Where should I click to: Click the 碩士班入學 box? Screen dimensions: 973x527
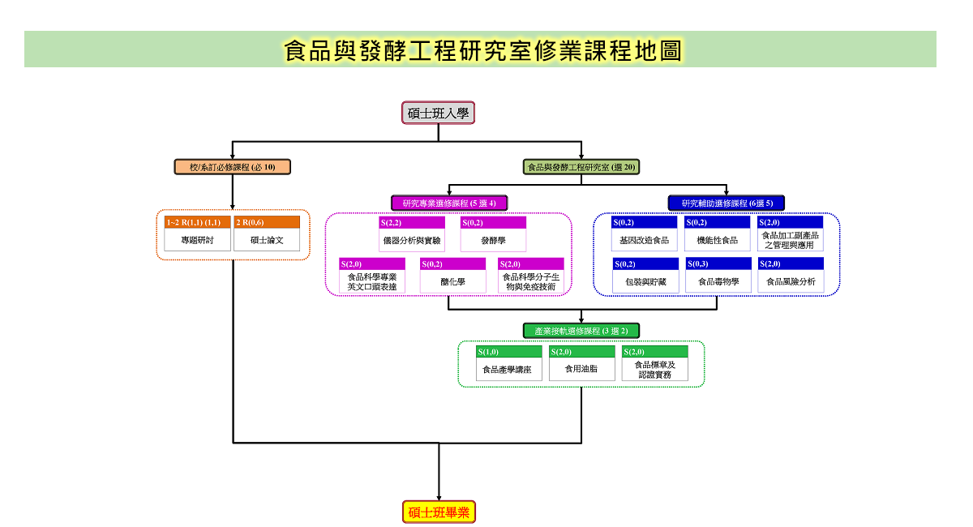[x=438, y=113]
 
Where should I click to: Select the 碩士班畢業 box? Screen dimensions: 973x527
[x=439, y=512]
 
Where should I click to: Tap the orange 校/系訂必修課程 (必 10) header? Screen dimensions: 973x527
[x=233, y=167]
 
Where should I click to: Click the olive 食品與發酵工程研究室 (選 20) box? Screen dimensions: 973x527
[x=581, y=167]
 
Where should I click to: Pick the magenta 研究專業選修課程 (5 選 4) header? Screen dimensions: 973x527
[x=449, y=203]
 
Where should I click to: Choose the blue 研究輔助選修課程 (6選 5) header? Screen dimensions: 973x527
[x=727, y=203]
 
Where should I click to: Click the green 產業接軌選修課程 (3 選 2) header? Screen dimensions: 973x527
[x=581, y=331]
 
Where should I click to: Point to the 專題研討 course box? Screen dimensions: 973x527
[x=197, y=234]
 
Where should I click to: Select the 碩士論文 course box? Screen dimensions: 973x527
[x=267, y=234]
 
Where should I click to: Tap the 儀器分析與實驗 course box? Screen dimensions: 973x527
[x=412, y=234]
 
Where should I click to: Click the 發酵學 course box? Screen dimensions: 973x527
[x=494, y=234]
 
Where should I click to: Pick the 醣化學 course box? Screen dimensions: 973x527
[x=452, y=276]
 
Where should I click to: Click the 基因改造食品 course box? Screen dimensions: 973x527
[x=644, y=234]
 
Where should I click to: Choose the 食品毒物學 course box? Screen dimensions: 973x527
[x=718, y=275]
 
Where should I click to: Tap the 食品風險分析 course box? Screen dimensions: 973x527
[x=791, y=275]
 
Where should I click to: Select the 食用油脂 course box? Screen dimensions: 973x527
[x=582, y=363]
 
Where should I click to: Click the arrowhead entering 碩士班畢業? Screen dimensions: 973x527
[x=439, y=499]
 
